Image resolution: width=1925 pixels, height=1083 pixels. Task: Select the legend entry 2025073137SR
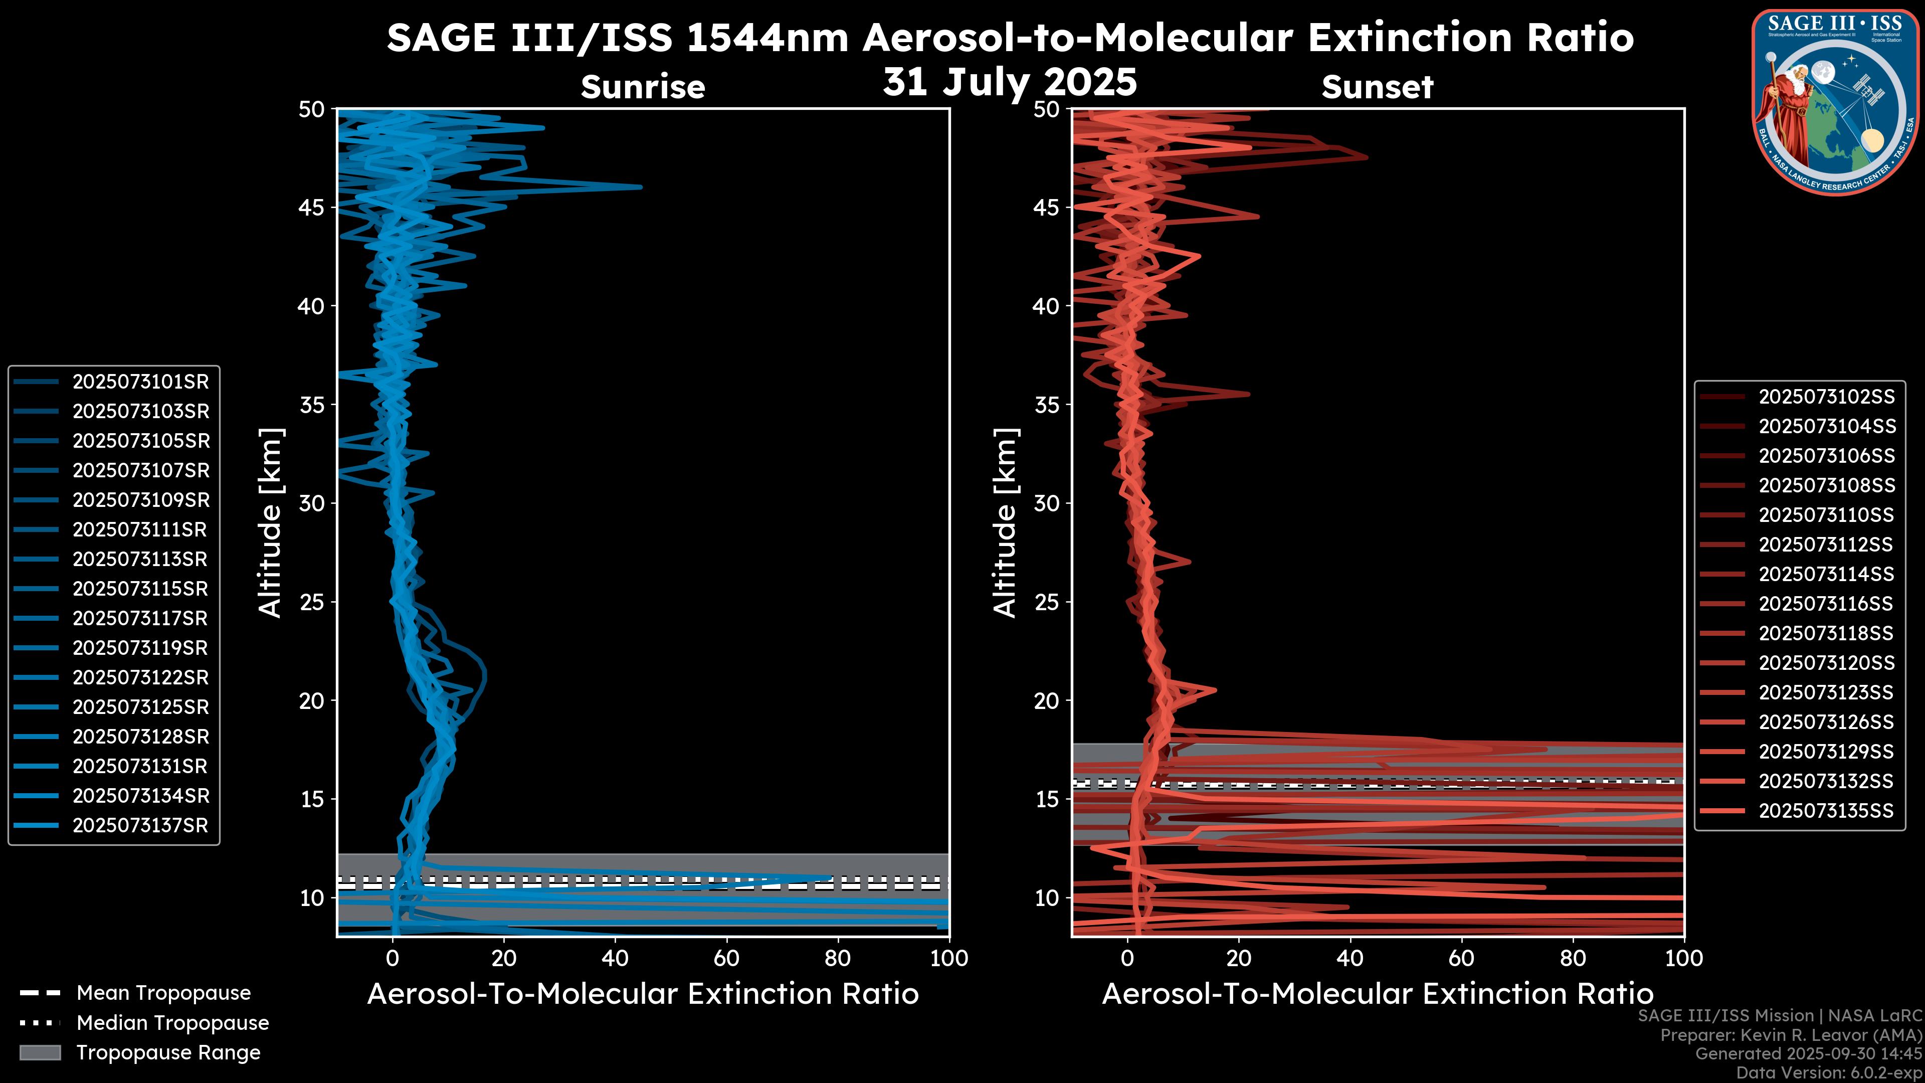[x=140, y=826]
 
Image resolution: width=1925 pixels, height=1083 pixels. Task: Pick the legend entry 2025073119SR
[x=140, y=648]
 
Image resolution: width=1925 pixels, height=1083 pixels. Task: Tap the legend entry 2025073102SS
[x=1826, y=397]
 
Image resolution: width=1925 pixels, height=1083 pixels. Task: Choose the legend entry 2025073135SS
[x=1826, y=811]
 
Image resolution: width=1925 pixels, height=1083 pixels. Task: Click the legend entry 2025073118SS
[x=1826, y=634]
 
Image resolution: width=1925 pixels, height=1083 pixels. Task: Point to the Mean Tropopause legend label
[x=163, y=993]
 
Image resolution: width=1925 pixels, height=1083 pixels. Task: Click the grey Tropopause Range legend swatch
[x=40, y=1052]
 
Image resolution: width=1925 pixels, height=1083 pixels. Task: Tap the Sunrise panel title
[x=643, y=87]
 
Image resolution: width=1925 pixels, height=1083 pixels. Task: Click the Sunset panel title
[x=1377, y=87]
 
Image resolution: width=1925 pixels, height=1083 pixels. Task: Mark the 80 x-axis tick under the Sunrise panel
[x=837, y=958]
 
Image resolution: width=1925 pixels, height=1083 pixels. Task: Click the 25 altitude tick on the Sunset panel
[x=1046, y=602]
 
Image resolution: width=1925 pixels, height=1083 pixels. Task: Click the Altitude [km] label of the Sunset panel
[x=1005, y=523]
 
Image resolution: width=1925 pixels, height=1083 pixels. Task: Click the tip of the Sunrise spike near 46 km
[x=641, y=187]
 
